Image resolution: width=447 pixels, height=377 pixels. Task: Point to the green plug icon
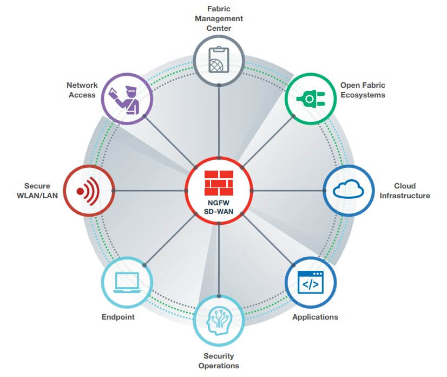(x=310, y=99)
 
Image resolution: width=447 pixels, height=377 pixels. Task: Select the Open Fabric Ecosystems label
(x=363, y=90)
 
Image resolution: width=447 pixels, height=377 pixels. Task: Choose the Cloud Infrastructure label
(x=404, y=191)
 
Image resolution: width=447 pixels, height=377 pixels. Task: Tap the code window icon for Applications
(x=310, y=282)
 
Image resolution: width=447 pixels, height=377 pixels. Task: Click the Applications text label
(x=315, y=317)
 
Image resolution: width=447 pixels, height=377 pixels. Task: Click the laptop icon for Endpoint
(x=127, y=282)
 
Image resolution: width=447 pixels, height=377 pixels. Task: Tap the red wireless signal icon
(x=89, y=191)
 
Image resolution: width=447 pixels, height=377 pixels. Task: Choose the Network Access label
(x=82, y=90)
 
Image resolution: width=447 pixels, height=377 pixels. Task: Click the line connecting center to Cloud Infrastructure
(x=287, y=191)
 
